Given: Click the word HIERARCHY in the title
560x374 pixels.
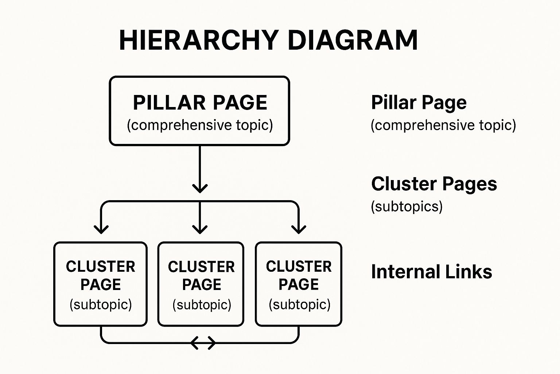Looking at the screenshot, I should (199, 40).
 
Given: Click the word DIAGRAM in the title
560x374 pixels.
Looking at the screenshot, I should (353, 40).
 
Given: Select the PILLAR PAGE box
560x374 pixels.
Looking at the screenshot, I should (199, 111).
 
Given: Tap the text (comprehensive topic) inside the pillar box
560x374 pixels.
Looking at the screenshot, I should (200, 125).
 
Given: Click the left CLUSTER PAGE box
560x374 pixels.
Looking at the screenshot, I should (100, 284).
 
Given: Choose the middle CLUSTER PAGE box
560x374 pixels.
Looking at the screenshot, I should (201, 284).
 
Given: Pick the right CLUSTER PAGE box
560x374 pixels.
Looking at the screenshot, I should (299, 284).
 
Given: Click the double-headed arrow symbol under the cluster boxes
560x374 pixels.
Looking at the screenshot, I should (203, 343).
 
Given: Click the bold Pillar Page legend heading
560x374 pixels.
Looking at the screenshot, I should (419, 103).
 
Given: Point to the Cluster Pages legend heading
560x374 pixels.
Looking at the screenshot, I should (434, 184).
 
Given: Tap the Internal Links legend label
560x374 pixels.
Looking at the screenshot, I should (431, 272).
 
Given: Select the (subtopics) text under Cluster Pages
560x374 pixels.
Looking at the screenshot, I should (407, 207).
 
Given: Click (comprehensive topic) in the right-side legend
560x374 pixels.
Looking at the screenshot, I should (443, 125).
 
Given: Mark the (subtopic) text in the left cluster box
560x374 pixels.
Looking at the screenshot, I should (101, 304).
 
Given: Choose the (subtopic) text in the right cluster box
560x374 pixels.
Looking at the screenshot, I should (299, 304).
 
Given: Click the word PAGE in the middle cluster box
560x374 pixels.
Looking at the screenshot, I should (202, 285).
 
